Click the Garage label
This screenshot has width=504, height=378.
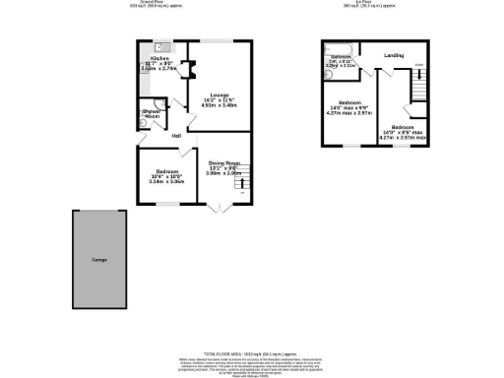[98, 259]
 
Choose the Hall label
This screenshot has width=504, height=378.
[176, 136]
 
